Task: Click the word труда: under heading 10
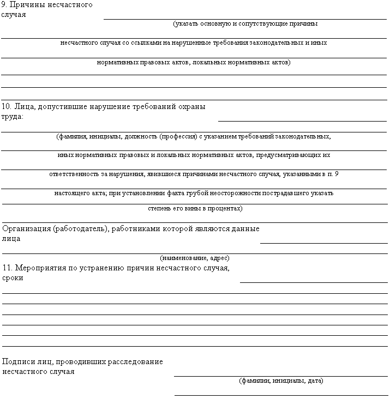coord(13,117)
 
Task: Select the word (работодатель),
coord(81,229)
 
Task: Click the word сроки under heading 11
coord(13,278)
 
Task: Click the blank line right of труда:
coord(302,120)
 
